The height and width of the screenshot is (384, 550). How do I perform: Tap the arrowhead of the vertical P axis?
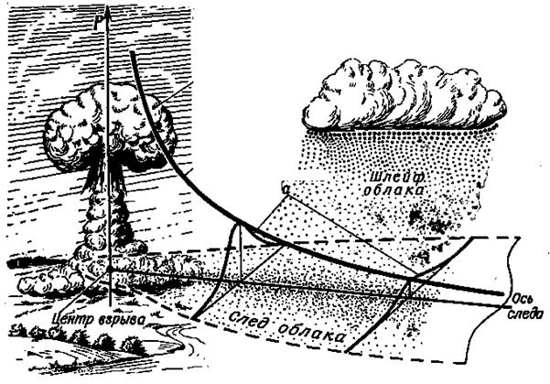tap(108, 9)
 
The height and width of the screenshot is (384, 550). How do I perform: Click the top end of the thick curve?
tap(134, 52)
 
